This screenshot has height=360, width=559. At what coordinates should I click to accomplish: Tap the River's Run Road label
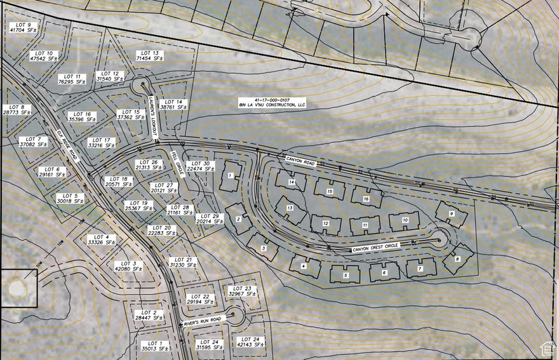tap(203, 321)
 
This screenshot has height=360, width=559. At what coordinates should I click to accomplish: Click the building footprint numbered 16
tap(366, 197)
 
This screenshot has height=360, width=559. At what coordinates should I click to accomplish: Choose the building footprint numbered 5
tap(346, 274)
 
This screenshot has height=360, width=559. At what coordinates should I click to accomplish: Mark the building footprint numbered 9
tap(452, 215)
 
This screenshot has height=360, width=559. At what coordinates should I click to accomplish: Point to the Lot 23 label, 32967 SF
tap(241, 291)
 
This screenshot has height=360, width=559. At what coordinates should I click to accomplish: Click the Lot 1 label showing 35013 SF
tap(152, 346)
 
